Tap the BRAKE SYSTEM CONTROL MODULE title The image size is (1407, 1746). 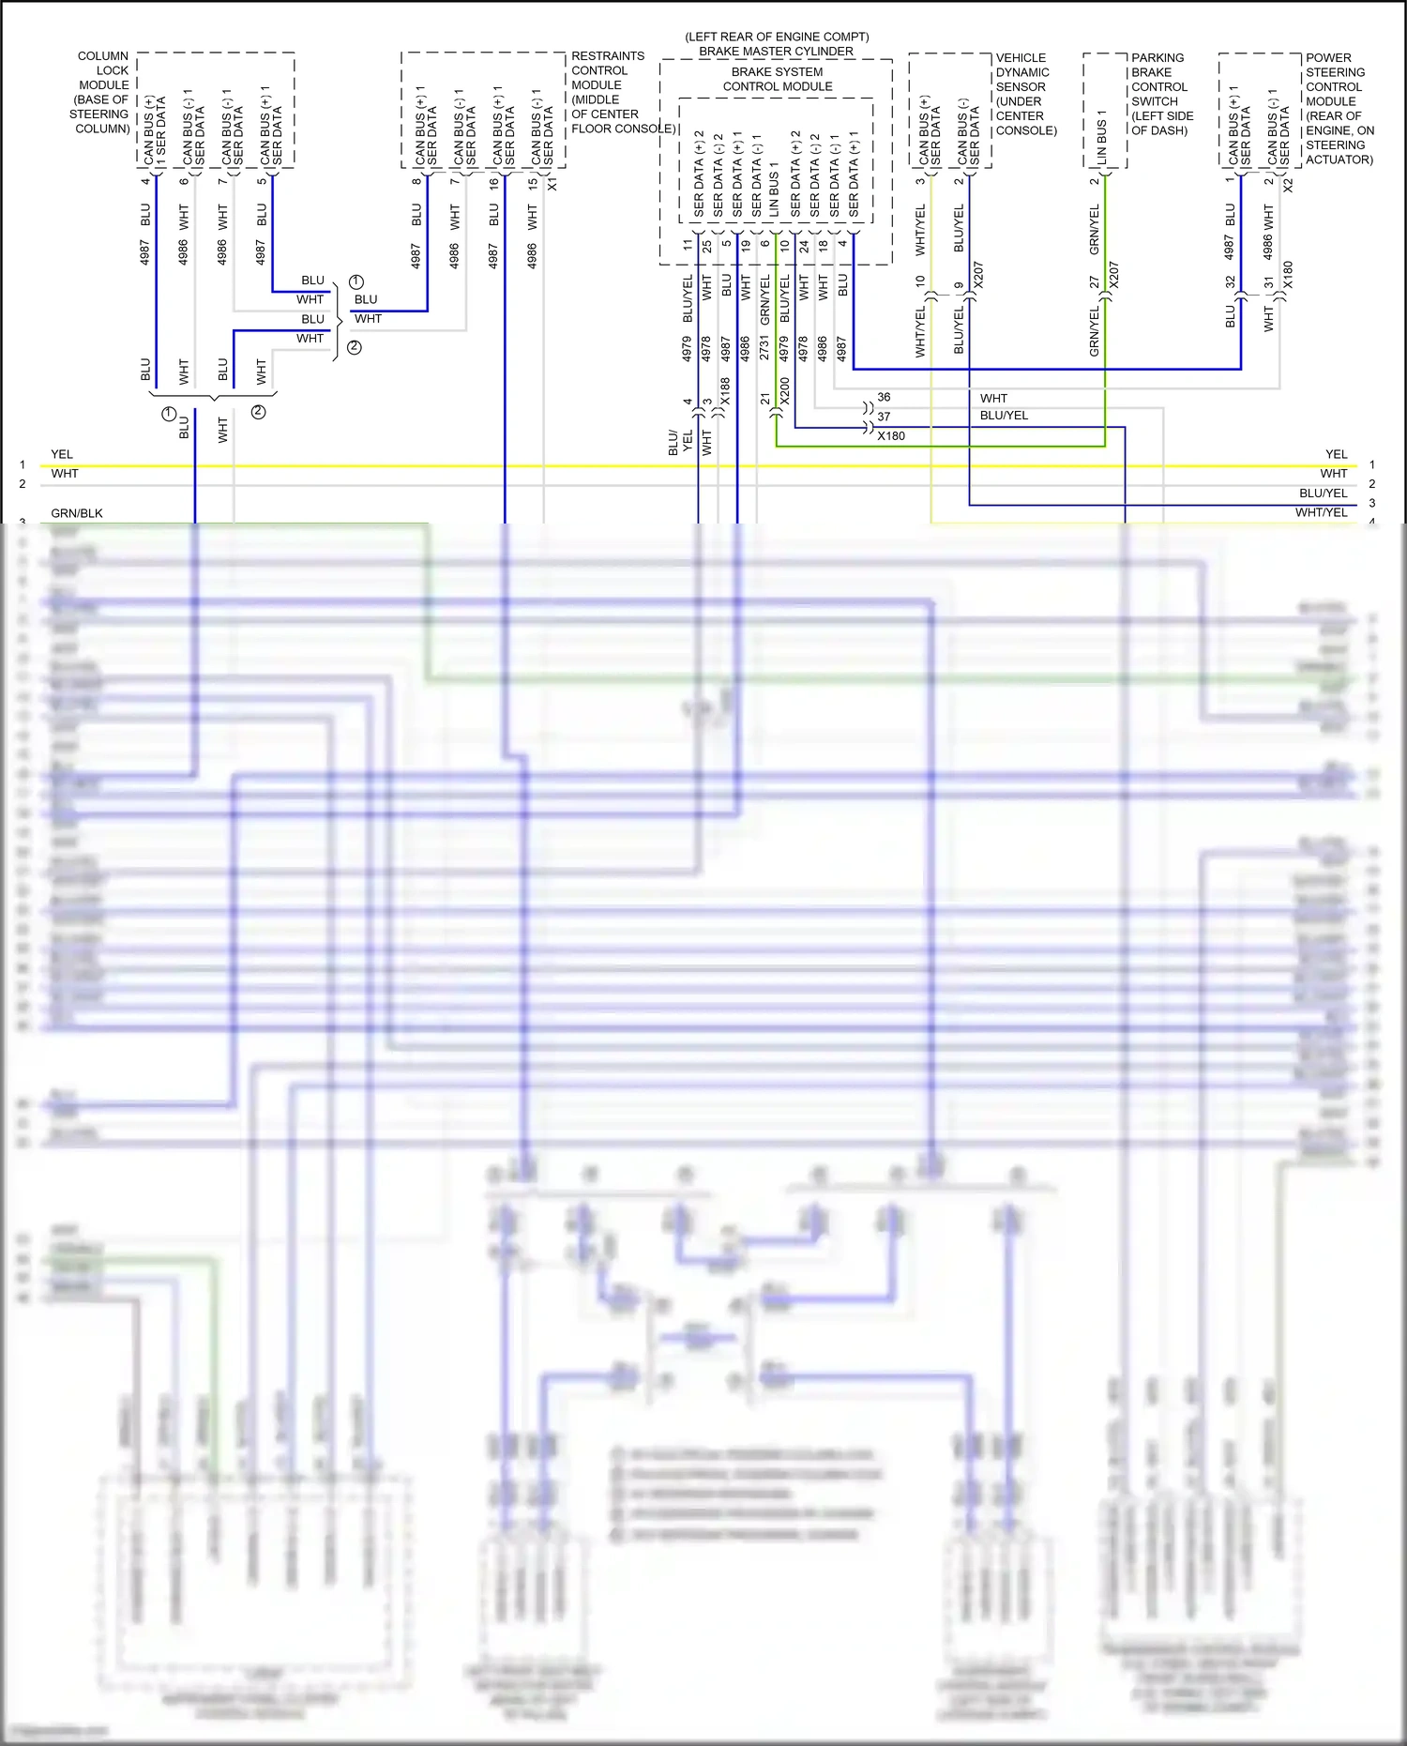coord(777,79)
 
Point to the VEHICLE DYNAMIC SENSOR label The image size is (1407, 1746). coord(1024,94)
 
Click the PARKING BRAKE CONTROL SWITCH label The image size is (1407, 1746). coord(1161,94)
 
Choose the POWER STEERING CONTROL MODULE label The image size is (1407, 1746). coord(1339,108)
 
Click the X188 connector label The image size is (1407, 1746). coord(725,390)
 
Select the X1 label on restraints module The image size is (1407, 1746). coord(552,184)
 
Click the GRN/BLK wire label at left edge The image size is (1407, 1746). coord(77,513)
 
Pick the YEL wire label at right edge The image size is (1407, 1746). coord(1336,454)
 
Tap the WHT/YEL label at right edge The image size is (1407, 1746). coord(1321,512)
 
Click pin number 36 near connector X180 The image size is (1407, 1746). coord(884,397)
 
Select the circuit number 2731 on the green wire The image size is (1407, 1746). coord(764,348)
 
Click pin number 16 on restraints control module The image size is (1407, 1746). coord(493,184)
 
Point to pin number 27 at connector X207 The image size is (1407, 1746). coord(1094,281)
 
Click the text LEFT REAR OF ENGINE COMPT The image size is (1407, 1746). coord(777,37)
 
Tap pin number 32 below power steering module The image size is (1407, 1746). coord(1230,281)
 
